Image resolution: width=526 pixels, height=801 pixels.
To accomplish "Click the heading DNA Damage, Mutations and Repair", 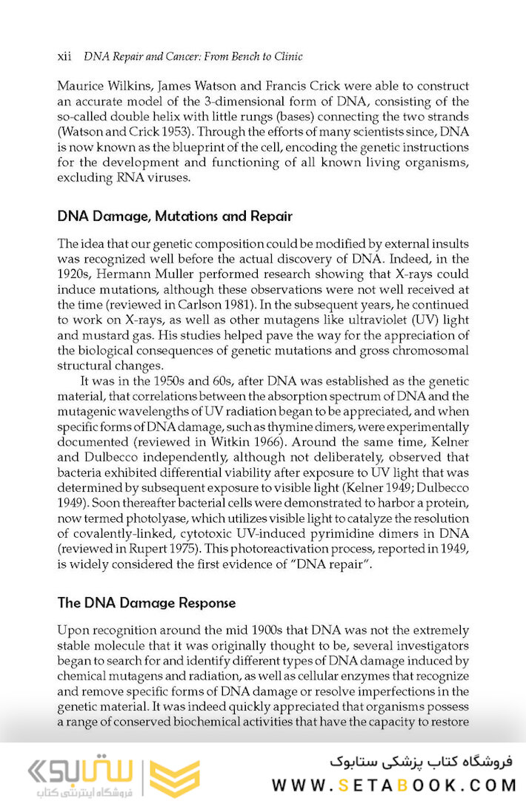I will (175, 217).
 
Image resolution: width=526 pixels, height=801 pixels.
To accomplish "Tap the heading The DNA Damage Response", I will (147, 603).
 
